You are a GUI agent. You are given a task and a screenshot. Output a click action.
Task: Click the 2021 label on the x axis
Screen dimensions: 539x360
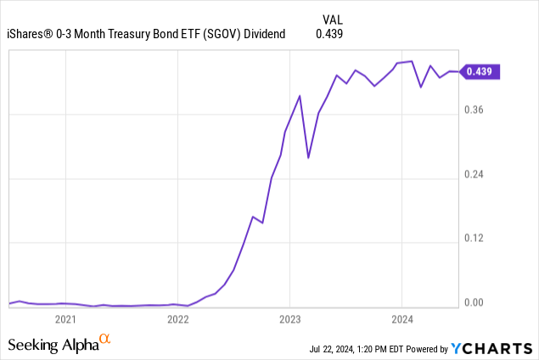click(x=65, y=319)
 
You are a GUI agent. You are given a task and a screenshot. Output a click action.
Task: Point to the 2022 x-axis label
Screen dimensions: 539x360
click(x=177, y=319)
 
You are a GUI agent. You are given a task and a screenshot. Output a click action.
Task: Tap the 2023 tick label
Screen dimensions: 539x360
click(x=289, y=319)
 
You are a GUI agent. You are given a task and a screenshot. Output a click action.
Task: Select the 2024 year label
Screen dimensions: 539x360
click(x=401, y=319)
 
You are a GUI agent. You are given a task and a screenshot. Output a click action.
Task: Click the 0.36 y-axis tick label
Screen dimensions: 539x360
click(x=474, y=110)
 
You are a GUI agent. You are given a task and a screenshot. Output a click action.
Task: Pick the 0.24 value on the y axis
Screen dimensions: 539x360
click(x=474, y=174)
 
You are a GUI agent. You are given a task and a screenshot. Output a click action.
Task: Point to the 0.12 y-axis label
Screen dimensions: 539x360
click(x=474, y=238)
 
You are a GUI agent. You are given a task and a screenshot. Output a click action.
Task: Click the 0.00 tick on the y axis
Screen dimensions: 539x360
click(x=474, y=302)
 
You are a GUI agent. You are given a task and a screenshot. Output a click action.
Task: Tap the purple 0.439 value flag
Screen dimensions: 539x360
click(x=480, y=71)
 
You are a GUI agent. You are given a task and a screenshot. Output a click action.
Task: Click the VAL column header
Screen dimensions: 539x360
click(x=333, y=20)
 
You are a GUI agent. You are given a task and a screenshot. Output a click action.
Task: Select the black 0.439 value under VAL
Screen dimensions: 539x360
click(x=329, y=34)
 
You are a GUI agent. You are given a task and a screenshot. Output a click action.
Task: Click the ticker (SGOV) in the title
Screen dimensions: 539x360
click(x=222, y=34)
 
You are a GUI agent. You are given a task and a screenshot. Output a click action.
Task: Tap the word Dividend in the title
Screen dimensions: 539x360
click(x=264, y=34)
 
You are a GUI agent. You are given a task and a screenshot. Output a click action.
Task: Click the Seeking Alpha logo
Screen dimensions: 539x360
click(x=59, y=344)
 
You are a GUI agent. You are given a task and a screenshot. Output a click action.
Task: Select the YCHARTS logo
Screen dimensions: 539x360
click(x=491, y=348)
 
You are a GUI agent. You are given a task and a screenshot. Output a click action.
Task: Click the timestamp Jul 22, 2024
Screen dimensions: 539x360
click(x=331, y=349)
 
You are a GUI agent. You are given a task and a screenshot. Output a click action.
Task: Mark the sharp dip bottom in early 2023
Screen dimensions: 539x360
click(x=308, y=158)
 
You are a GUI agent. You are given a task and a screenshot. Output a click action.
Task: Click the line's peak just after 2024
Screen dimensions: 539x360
click(x=412, y=61)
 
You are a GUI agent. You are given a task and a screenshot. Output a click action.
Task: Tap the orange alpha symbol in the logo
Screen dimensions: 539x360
click(x=105, y=338)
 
